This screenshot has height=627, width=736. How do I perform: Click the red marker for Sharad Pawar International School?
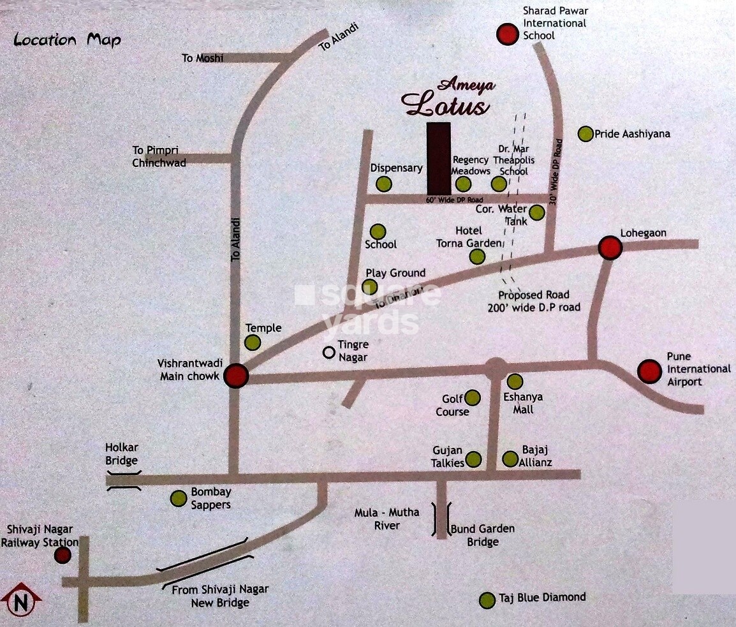click(508, 34)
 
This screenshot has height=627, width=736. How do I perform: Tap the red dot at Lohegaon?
click(610, 248)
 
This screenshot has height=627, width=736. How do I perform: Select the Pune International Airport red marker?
click(650, 371)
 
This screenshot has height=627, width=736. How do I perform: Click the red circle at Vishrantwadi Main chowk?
click(236, 376)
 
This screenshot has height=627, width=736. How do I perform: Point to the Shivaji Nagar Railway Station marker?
click(63, 555)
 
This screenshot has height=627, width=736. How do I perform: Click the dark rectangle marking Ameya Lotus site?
click(439, 158)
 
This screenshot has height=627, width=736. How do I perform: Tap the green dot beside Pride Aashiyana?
click(585, 134)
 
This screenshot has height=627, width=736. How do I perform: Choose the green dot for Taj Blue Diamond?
click(487, 600)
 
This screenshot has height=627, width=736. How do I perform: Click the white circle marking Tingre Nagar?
click(329, 351)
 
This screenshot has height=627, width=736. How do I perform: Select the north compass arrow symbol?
click(20, 601)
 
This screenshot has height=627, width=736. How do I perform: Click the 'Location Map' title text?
click(67, 40)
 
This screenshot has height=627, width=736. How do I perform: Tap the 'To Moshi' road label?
click(203, 58)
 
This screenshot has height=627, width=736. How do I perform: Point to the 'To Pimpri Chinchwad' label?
click(159, 156)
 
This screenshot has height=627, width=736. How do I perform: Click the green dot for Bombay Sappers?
click(179, 498)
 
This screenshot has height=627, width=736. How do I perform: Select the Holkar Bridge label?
click(122, 454)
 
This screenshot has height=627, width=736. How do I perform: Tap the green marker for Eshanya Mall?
click(515, 381)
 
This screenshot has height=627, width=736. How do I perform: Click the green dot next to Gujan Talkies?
click(473, 459)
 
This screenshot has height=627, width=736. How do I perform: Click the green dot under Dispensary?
click(383, 184)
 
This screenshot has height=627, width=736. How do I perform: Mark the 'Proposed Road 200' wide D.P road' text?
click(539, 301)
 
